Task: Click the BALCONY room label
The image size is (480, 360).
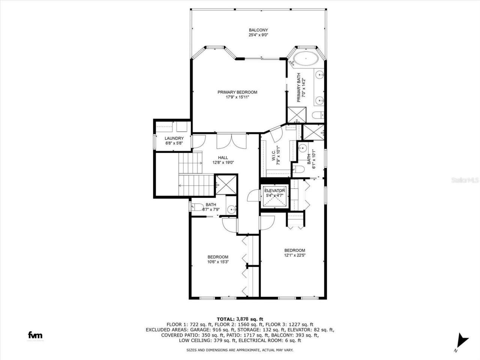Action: point(258,30)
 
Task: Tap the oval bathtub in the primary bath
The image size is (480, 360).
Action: point(304,59)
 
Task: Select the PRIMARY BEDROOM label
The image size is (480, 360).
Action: point(237,92)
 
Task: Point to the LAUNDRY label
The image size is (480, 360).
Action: point(174,138)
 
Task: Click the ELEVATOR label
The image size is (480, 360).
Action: point(275,190)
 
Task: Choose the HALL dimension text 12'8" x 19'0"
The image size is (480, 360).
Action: point(223,163)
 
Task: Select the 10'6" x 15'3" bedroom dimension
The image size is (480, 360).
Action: point(218,262)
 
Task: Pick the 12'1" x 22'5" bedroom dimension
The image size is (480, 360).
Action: point(294,256)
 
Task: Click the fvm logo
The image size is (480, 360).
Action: point(35,335)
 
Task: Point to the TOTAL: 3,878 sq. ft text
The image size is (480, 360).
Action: point(240,319)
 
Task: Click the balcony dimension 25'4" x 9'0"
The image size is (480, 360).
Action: point(258,35)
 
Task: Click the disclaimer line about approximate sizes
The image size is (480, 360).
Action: point(240,350)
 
